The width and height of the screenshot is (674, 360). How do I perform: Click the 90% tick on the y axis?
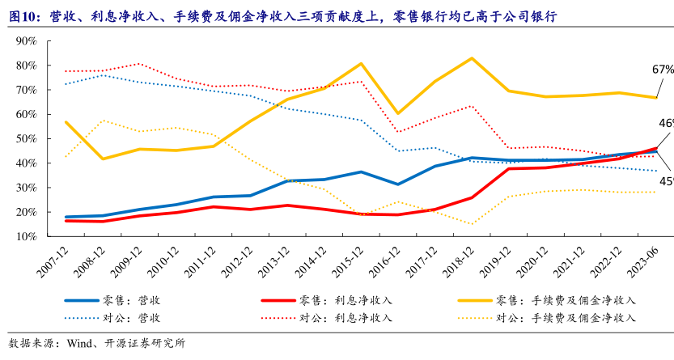(26, 40)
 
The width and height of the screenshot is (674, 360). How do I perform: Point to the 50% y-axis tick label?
(26, 138)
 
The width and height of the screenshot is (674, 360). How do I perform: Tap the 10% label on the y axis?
(26, 237)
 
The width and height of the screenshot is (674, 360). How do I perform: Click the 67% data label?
(663, 69)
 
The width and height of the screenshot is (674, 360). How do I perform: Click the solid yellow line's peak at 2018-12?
(472, 58)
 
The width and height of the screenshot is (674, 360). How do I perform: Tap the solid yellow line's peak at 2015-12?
(361, 63)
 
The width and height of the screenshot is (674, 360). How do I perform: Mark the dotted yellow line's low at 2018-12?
(472, 224)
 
